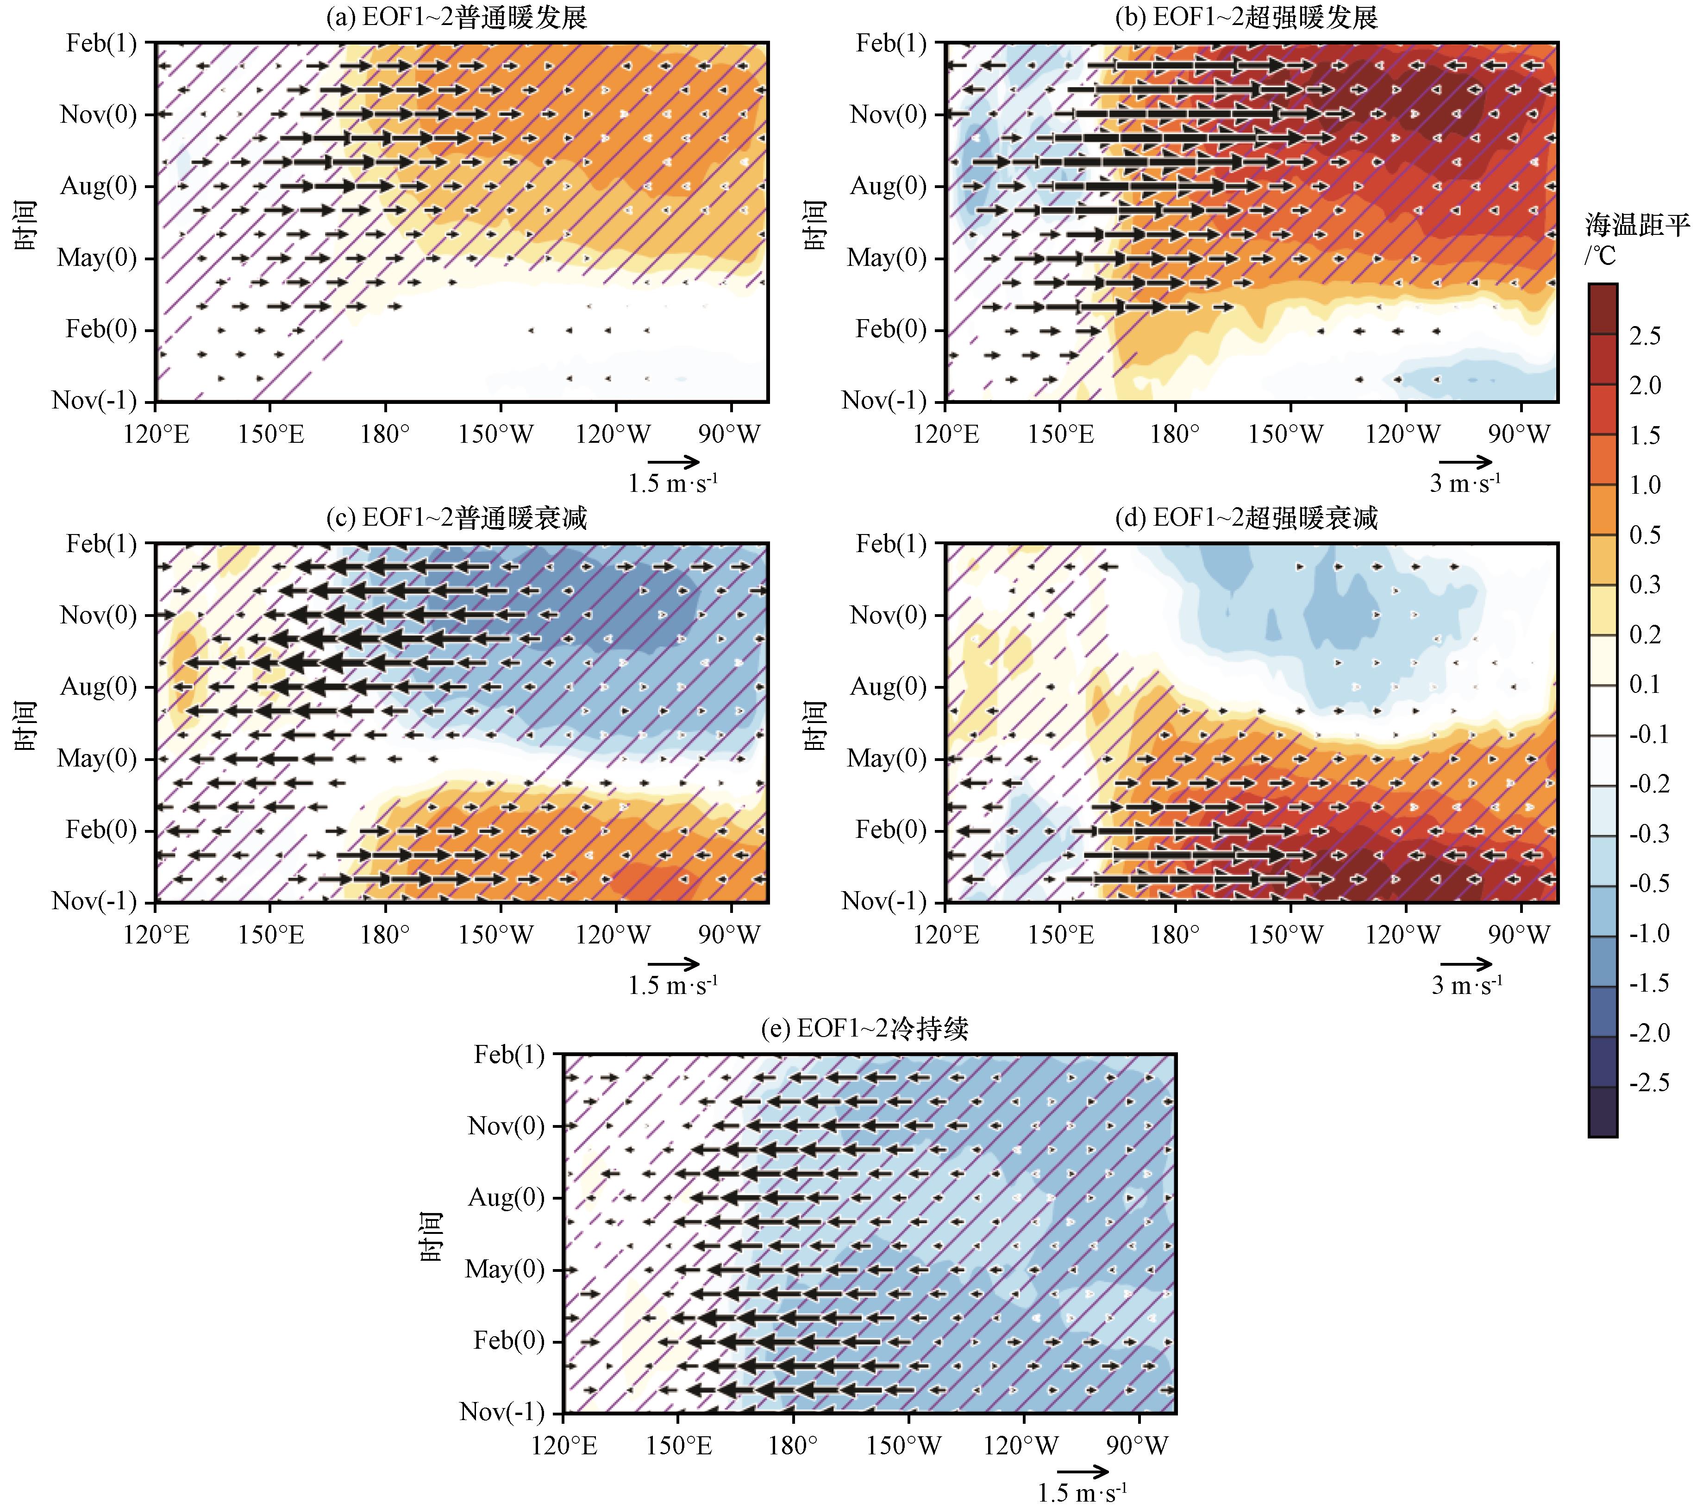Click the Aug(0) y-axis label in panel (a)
click(98, 186)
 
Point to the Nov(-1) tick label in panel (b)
click(884, 401)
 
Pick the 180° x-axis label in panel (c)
click(385, 935)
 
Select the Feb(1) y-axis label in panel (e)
click(509, 1055)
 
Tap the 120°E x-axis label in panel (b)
click(946, 434)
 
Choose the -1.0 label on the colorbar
click(1649, 933)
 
